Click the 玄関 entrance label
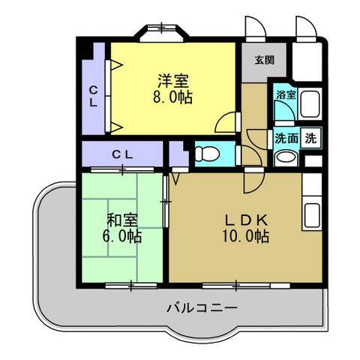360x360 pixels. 263,60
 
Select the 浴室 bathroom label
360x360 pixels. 285,95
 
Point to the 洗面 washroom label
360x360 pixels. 286,138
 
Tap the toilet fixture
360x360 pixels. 204,154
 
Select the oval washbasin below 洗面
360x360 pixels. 285,157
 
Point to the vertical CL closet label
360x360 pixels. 94,98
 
